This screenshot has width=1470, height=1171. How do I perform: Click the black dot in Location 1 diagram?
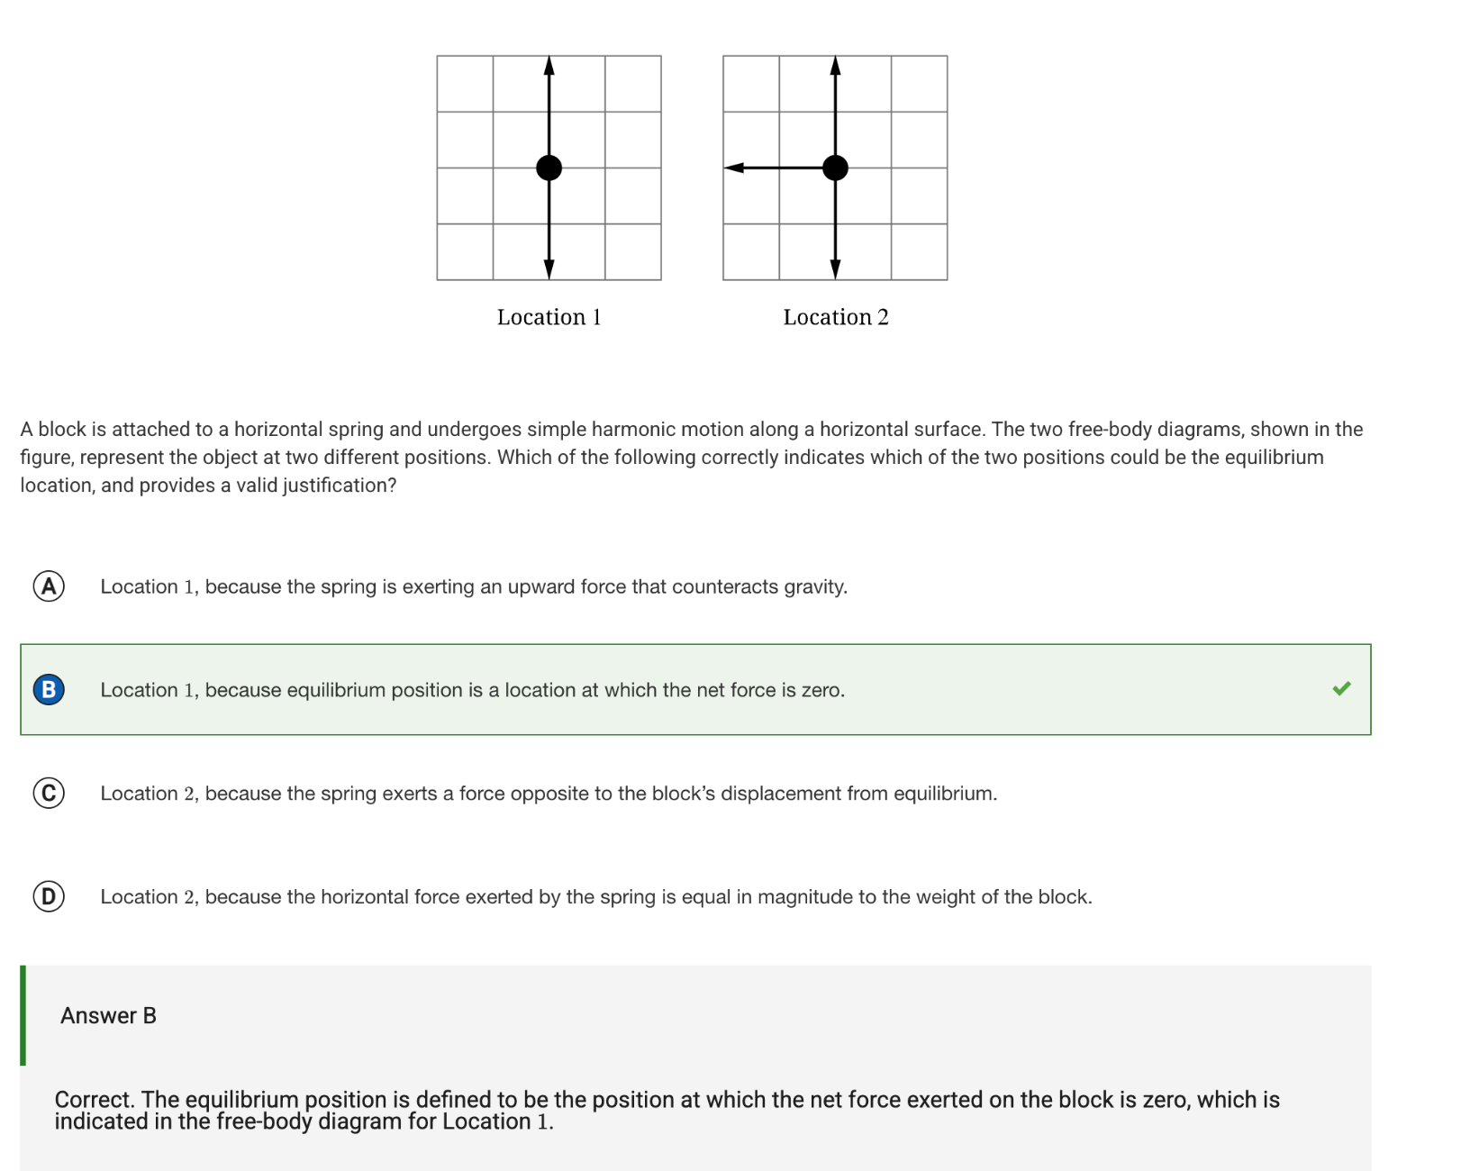[549, 168]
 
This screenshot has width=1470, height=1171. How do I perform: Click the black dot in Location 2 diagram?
[835, 168]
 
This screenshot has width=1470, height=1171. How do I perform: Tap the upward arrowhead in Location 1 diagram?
[549, 65]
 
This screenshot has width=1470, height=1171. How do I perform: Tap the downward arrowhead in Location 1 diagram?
[549, 269]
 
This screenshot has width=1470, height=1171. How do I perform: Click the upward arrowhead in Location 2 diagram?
[835, 65]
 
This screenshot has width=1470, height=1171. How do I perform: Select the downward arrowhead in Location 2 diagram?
[835, 269]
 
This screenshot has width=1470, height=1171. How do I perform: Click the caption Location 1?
[549, 317]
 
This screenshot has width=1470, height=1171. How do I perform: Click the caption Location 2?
[835, 317]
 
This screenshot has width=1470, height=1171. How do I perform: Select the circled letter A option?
[49, 586]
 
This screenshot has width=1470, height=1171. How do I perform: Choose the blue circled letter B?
[49, 690]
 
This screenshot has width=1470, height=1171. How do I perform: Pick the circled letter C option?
[49, 794]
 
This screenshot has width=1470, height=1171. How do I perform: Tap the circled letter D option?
[49, 897]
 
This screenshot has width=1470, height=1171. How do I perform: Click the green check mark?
[1341, 689]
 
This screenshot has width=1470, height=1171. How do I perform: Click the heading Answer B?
[108, 1016]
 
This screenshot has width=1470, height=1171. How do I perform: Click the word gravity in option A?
[814, 587]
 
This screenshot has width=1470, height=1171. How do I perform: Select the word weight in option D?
[945, 897]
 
